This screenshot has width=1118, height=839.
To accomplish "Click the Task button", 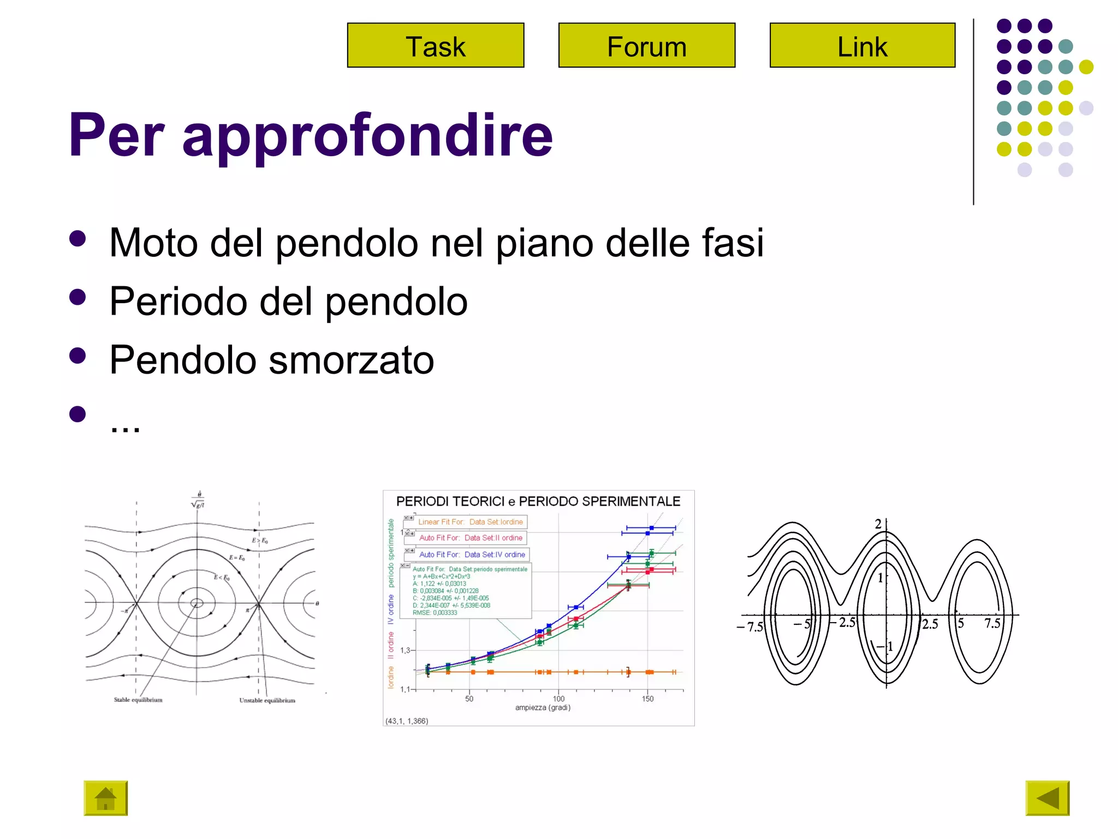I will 435,45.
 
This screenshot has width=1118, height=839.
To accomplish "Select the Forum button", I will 646,45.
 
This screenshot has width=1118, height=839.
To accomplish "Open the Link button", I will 862,45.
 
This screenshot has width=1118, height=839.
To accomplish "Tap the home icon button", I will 105,798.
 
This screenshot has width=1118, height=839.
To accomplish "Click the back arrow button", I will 1046,798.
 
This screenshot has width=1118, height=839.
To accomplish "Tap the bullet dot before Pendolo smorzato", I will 78,356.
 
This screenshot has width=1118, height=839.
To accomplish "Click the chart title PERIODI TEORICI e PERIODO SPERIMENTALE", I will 538,501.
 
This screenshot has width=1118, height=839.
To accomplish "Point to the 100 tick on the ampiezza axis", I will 558,699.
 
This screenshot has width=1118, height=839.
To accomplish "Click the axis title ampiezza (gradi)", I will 543,708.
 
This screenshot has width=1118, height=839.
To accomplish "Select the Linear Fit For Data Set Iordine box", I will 470,522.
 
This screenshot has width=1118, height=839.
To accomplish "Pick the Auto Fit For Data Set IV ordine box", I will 472,554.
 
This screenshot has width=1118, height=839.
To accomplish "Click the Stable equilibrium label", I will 138,700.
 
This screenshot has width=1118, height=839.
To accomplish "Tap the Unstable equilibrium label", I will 267,700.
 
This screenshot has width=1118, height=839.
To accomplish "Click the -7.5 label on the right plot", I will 751,627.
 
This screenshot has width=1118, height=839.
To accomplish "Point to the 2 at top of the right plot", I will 878,524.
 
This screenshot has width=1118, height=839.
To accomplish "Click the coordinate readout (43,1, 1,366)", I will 407,721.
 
